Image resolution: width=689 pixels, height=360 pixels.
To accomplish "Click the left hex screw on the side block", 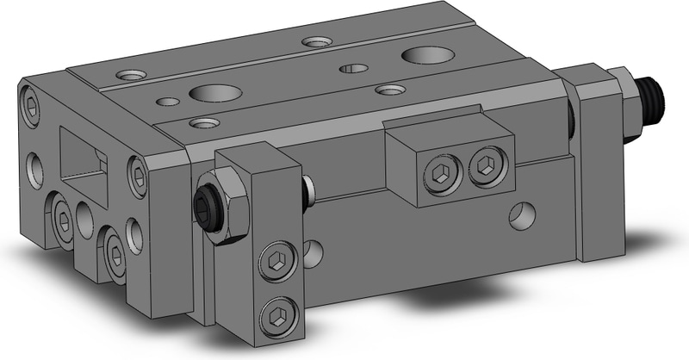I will (x=438, y=177).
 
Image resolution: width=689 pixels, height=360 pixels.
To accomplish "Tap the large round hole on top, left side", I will (x=210, y=92).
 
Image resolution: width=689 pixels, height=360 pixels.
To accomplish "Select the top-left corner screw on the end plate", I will (x=30, y=105).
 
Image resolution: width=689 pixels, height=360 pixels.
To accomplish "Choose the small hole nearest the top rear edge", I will (x=314, y=40).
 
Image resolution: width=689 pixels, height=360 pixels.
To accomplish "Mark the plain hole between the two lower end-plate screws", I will (x=84, y=220).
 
